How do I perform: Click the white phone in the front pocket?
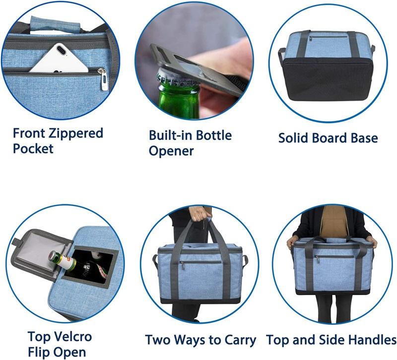pyautogui.click(x=59, y=59)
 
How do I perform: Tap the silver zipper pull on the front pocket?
pyautogui.click(x=104, y=79)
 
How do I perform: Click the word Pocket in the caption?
pyautogui.click(x=33, y=148)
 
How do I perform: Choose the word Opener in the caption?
pyautogui.click(x=171, y=151)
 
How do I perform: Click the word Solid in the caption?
pyautogui.click(x=294, y=138)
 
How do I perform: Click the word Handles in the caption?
pyautogui.click(x=373, y=340)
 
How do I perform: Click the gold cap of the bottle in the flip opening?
pyautogui.click(x=52, y=256)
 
